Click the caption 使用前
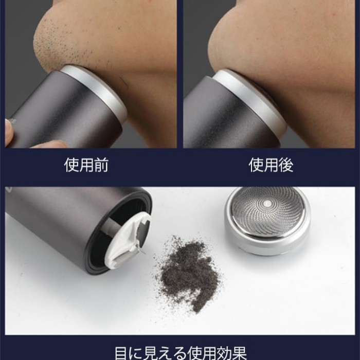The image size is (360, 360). point(86,165)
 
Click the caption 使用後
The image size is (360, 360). point(271,165)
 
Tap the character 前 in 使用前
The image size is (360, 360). point(101,165)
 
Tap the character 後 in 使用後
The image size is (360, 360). point(286,165)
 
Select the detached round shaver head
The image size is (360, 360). point(267,221)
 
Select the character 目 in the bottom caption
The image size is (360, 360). point(122,354)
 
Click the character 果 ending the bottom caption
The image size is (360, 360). point(239,354)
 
